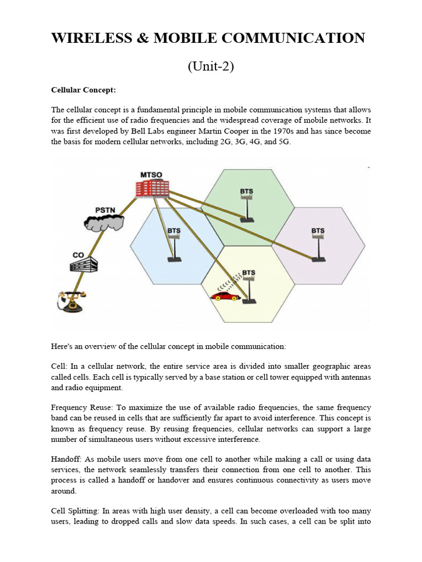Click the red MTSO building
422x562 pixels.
[x=152, y=188]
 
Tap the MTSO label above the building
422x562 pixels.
[x=151, y=175]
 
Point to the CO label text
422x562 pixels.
[x=79, y=255]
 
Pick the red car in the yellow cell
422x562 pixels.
[x=225, y=296]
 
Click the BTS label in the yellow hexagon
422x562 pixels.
[x=249, y=272]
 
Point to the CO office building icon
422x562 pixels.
[x=83, y=266]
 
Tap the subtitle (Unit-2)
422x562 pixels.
[x=211, y=66]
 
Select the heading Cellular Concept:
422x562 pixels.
[x=84, y=89]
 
